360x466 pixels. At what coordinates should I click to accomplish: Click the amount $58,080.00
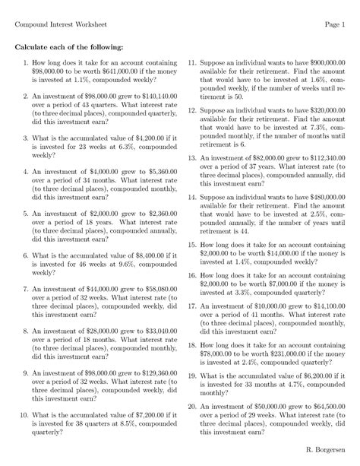157,290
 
